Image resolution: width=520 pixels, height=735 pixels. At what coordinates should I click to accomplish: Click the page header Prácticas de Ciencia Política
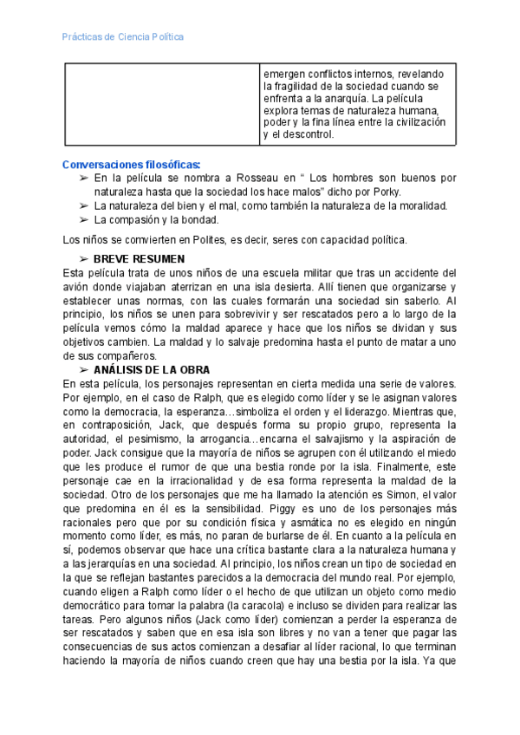coord(123,37)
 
